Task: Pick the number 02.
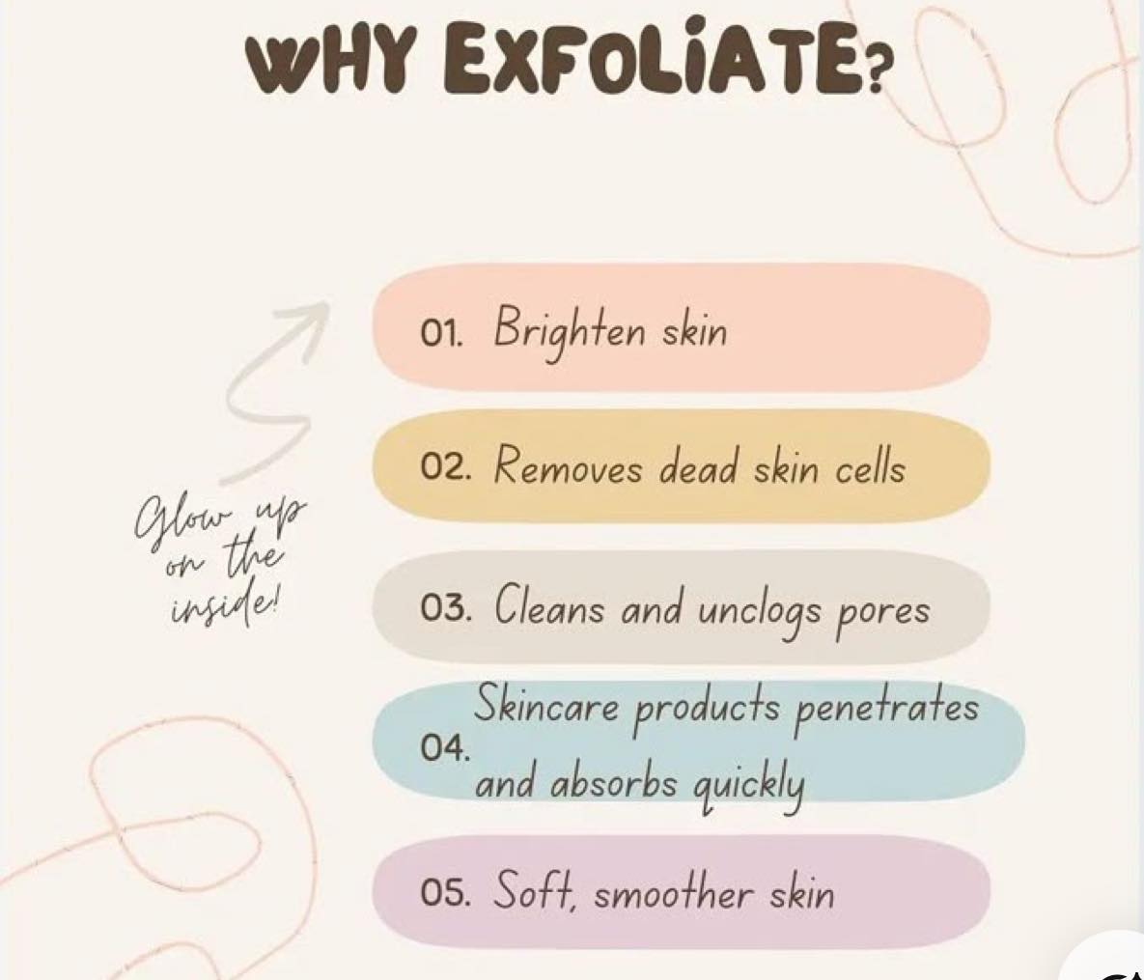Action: (x=444, y=467)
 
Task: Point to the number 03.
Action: (x=444, y=608)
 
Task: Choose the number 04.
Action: (x=444, y=747)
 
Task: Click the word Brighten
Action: (x=569, y=333)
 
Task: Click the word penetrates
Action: (x=885, y=708)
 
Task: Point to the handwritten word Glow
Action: (x=183, y=519)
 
